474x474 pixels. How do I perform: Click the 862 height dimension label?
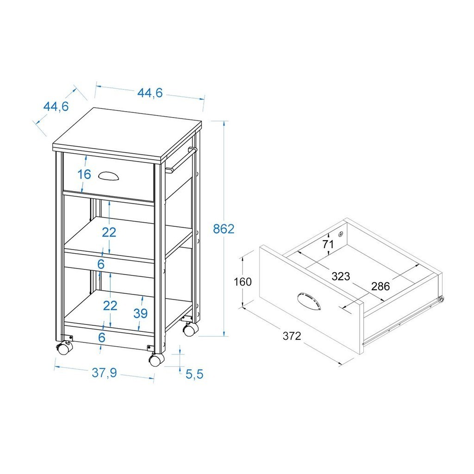(x=224, y=229)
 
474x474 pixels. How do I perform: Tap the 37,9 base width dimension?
(x=104, y=373)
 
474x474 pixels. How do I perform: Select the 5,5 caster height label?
(x=194, y=374)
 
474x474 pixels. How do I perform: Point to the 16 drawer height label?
(x=84, y=174)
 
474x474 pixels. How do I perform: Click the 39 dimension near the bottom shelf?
(x=141, y=313)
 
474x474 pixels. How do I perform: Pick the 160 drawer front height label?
(x=243, y=282)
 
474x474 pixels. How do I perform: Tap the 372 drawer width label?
(x=292, y=336)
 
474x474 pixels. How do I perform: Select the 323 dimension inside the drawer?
(x=341, y=276)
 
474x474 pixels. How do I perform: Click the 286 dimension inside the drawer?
(x=380, y=286)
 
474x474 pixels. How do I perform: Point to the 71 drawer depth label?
(x=328, y=243)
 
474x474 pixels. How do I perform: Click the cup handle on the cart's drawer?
(x=108, y=176)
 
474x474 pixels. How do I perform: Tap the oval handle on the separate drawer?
(x=309, y=301)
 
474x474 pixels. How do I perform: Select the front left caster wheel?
(x=64, y=348)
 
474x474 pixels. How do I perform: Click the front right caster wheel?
(x=156, y=360)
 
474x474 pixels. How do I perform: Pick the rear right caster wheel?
(x=190, y=329)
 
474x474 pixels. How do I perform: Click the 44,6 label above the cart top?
(x=150, y=93)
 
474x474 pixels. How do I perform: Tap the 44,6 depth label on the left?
(x=56, y=106)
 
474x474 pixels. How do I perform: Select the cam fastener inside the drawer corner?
(x=341, y=233)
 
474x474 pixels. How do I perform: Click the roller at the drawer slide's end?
(x=442, y=299)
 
